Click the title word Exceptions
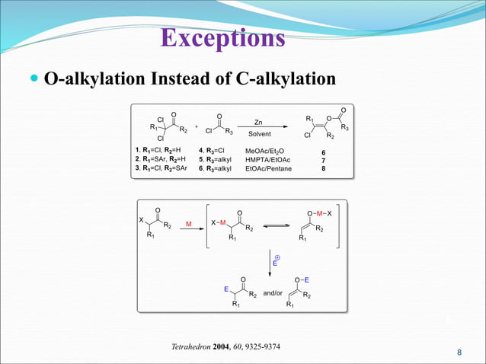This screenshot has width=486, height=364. (x=225, y=38)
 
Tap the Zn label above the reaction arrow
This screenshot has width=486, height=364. (x=258, y=122)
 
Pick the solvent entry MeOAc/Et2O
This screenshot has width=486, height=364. (x=264, y=151)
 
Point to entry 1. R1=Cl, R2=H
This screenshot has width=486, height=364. (x=157, y=151)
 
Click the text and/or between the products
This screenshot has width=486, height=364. (x=273, y=292)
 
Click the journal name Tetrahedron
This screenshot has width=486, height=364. (x=190, y=347)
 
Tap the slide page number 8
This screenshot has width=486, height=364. (x=459, y=353)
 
